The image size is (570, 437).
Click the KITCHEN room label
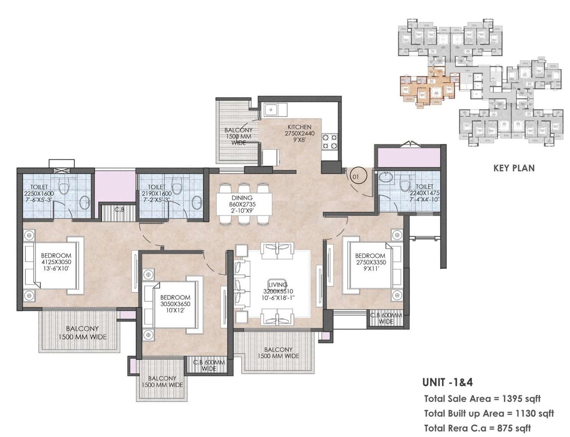(299, 127)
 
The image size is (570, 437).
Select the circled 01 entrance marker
(356, 177)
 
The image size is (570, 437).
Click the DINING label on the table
(242, 198)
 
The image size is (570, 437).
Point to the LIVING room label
(278, 285)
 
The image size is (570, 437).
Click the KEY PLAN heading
(514, 168)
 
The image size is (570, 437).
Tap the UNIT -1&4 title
(447, 382)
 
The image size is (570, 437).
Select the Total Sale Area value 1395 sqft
(521, 399)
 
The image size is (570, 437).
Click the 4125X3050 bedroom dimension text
(56, 262)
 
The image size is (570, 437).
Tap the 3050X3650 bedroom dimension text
(175, 304)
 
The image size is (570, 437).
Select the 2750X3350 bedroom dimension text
(370, 263)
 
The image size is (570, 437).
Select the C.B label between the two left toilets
(119, 210)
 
